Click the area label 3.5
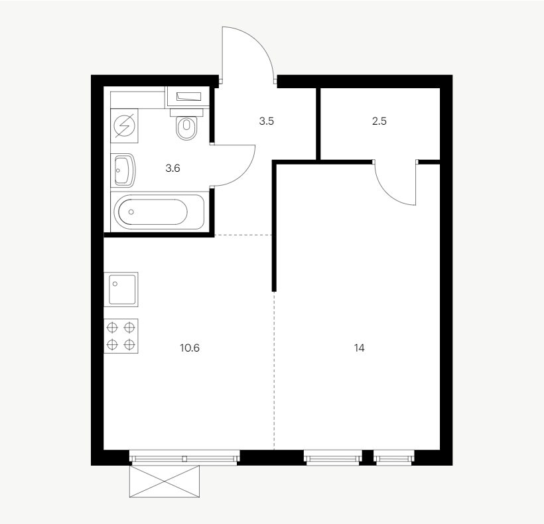(267, 121)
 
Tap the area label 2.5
(379, 121)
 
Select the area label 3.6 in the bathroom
(172, 168)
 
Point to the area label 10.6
(190, 348)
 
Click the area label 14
(359, 348)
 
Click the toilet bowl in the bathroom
(186, 128)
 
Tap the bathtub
(157, 212)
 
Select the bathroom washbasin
(123, 170)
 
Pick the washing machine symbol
(124, 125)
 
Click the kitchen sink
(121, 289)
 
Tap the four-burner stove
(121, 336)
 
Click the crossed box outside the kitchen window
(165, 482)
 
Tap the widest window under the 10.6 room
(184, 456)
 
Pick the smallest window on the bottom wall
(394, 456)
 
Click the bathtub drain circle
(131, 212)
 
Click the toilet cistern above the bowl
(186, 112)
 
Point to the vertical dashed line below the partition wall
(274, 370)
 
